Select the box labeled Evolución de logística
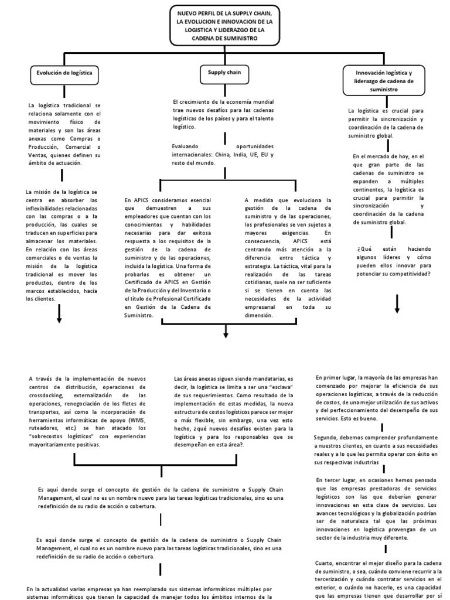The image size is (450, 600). click(64, 74)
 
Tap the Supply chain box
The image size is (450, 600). click(224, 74)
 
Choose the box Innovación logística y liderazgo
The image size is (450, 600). click(384, 81)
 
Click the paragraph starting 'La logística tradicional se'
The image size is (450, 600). click(64, 134)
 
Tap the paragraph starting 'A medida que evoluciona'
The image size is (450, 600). click(288, 257)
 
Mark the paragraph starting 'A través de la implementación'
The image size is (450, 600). click(87, 411)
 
